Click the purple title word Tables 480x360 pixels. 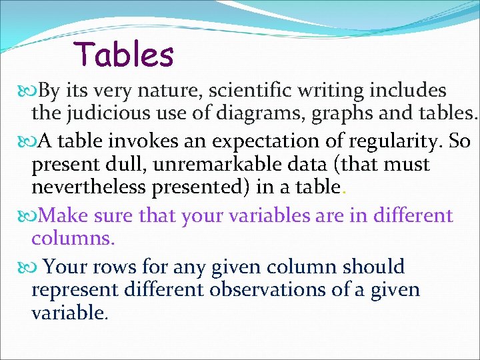(124, 54)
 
